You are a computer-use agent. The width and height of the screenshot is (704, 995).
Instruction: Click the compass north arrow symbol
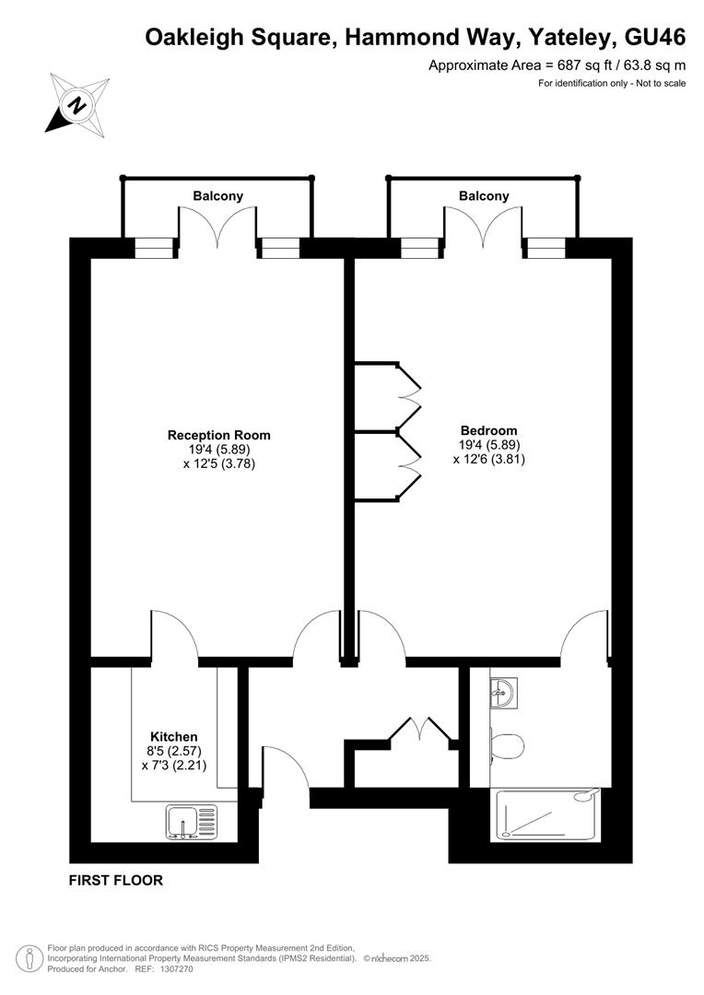coord(76,102)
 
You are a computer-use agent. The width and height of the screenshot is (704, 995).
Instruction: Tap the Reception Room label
coord(218,435)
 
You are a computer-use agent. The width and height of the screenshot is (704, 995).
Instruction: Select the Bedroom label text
coord(488,430)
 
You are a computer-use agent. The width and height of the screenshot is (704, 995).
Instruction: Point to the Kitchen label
coord(174,737)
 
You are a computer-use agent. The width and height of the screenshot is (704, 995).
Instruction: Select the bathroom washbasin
coord(503,690)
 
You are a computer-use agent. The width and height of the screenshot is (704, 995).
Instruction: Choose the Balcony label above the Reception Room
coord(218,196)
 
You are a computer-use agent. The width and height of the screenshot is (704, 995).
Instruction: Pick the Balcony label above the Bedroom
coord(484,196)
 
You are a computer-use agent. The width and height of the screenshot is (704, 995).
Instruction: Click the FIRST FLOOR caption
coord(116,881)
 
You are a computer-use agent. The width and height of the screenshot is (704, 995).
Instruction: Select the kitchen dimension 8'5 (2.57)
coord(174,751)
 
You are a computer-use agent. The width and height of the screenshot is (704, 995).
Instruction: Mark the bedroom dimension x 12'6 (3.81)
coord(488,459)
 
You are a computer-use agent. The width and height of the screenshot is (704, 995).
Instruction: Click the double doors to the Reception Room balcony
coord(217,228)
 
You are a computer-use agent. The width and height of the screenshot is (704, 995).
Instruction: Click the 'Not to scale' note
coord(656,84)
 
